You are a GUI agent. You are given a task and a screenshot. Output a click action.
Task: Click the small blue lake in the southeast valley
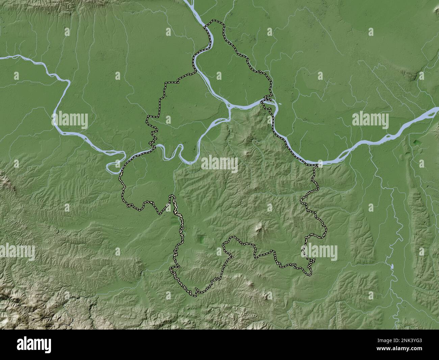pyautogui.click(x=392, y=267)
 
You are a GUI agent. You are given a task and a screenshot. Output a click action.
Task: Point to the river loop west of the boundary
pyautogui.click(x=115, y=162)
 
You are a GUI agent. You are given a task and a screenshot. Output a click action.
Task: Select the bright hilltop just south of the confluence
pyautogui.click(x=251, y=138)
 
